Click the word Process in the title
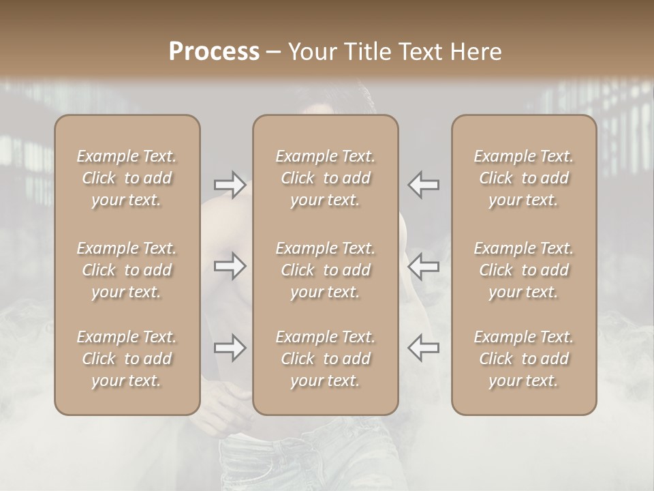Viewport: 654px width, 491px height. [214, 52]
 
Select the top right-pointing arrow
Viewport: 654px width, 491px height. [230, 185]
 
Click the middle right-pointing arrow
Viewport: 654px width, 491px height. [230, 266]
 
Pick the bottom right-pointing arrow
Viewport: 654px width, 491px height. [230, 348]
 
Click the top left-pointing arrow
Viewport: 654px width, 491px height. [423, 185]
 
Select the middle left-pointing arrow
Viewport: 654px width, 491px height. [423, 266]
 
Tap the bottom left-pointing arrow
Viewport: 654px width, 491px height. [423, 348]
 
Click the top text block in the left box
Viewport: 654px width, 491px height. [127, 178]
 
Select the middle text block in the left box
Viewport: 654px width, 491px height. [127, 270]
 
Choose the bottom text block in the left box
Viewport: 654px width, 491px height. [127, 359]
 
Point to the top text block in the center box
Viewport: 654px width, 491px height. [325, 178]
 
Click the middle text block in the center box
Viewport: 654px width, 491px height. [325, 270]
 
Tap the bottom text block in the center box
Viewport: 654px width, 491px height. [325, 359]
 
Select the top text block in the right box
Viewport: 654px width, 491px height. [524, 178]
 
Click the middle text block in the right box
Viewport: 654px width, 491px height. [524, 270]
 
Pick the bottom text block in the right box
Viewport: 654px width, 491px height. [524, 359]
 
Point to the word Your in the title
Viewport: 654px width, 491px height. [311, 52]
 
